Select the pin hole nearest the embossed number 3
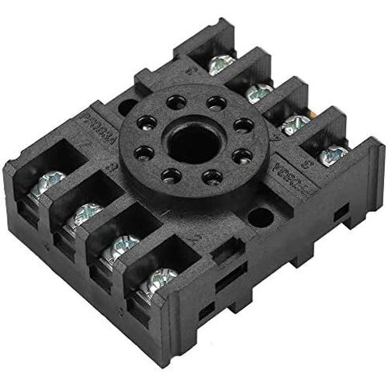tap(142, 152)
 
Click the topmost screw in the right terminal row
tap(222, 64)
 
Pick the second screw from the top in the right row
tap(259, 92)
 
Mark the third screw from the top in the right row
tap(296, 123)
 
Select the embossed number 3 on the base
tap(116, 165)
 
